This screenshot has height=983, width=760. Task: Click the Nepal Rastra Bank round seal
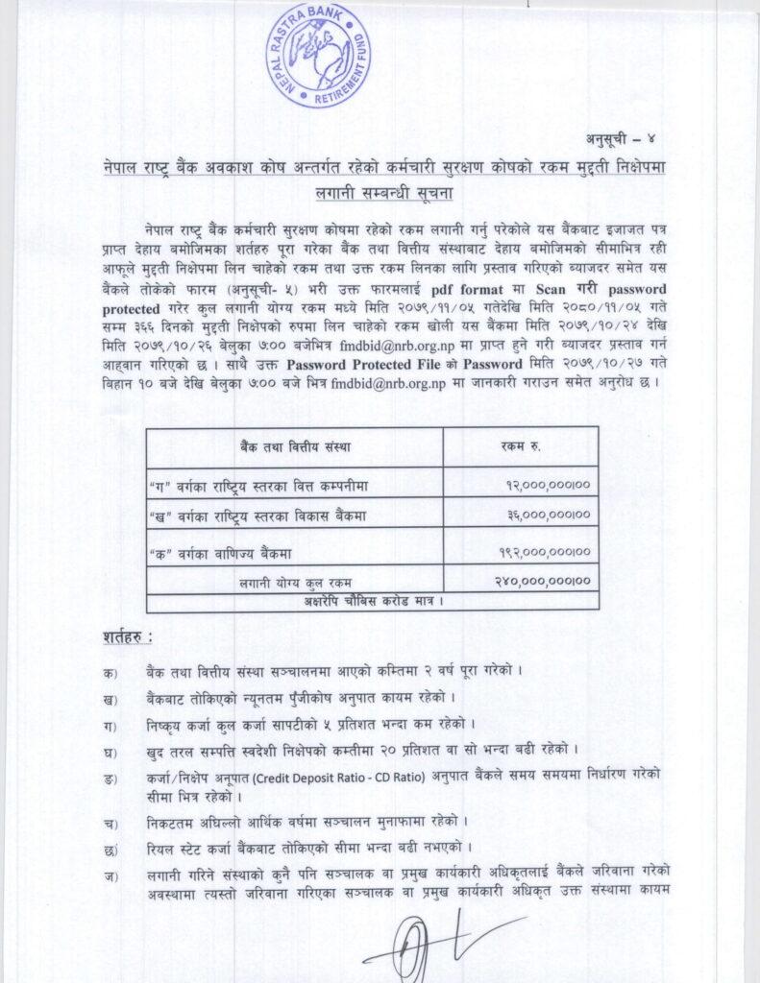326,56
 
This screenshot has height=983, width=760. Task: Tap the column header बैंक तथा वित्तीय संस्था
296,446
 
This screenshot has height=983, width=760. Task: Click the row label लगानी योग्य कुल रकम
296,582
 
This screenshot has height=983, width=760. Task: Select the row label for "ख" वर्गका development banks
257,516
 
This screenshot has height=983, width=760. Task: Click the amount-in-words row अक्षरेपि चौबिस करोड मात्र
372,601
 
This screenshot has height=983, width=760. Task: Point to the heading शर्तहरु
128,636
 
